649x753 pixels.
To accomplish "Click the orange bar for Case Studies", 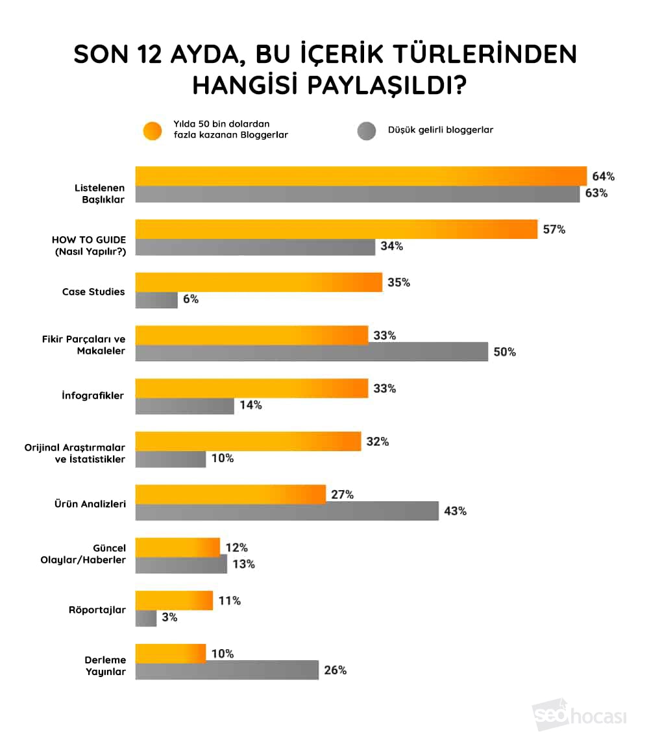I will click(258, 282).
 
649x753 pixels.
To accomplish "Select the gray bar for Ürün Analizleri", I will click(287, 511).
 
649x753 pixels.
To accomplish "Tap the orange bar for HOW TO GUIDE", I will click(336, 229).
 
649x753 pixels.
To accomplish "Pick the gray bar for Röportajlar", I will click(146, 617).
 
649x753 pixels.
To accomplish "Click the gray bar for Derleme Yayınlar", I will click(227, 670).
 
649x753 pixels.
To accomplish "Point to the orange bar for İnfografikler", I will click(252, 388).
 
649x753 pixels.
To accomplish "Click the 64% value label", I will click(603, 177).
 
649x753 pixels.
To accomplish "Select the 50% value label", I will click(504, 352).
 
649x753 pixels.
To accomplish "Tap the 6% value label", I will click(191, 299).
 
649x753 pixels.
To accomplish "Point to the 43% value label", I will click(455, 511).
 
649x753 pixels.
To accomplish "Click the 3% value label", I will click(170, 617).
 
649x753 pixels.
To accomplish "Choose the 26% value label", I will click(335, 670).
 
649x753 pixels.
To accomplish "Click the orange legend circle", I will click(152, 130).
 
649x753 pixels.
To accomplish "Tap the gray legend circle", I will click(367, 130).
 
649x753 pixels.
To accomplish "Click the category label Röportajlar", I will click(97, 610).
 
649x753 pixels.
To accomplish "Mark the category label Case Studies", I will click(93, 291).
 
